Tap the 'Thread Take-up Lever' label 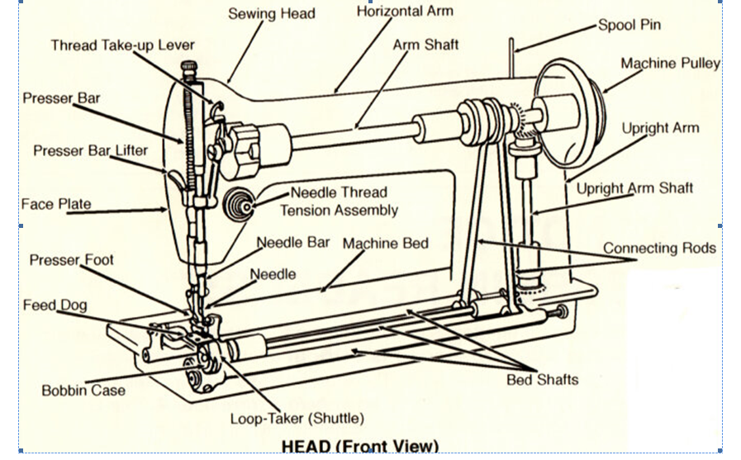pyautogui.click(x=123, y=45)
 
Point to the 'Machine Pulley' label pyautogui.click(x=670, y=64)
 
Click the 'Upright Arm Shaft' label pyautogui.click(x=634, y=188)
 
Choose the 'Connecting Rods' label pyautogui.click(x=659, y=248)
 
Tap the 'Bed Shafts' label pyautogui.click(x=542, y=380)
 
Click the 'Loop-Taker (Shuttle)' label pyautogui.click(x=297, y=418)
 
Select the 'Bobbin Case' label pyautogui.click(x=83, y=390)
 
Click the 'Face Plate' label pyautogui.click(x=56, y=204)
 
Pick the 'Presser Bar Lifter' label pyautogui.click(x=91, y=151)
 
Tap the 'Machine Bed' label pyautogui.click(x=385, y=244)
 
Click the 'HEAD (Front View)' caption pyautogui.click(x=359, y=446)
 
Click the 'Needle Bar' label pyautogui.click(x=293, y=243)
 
